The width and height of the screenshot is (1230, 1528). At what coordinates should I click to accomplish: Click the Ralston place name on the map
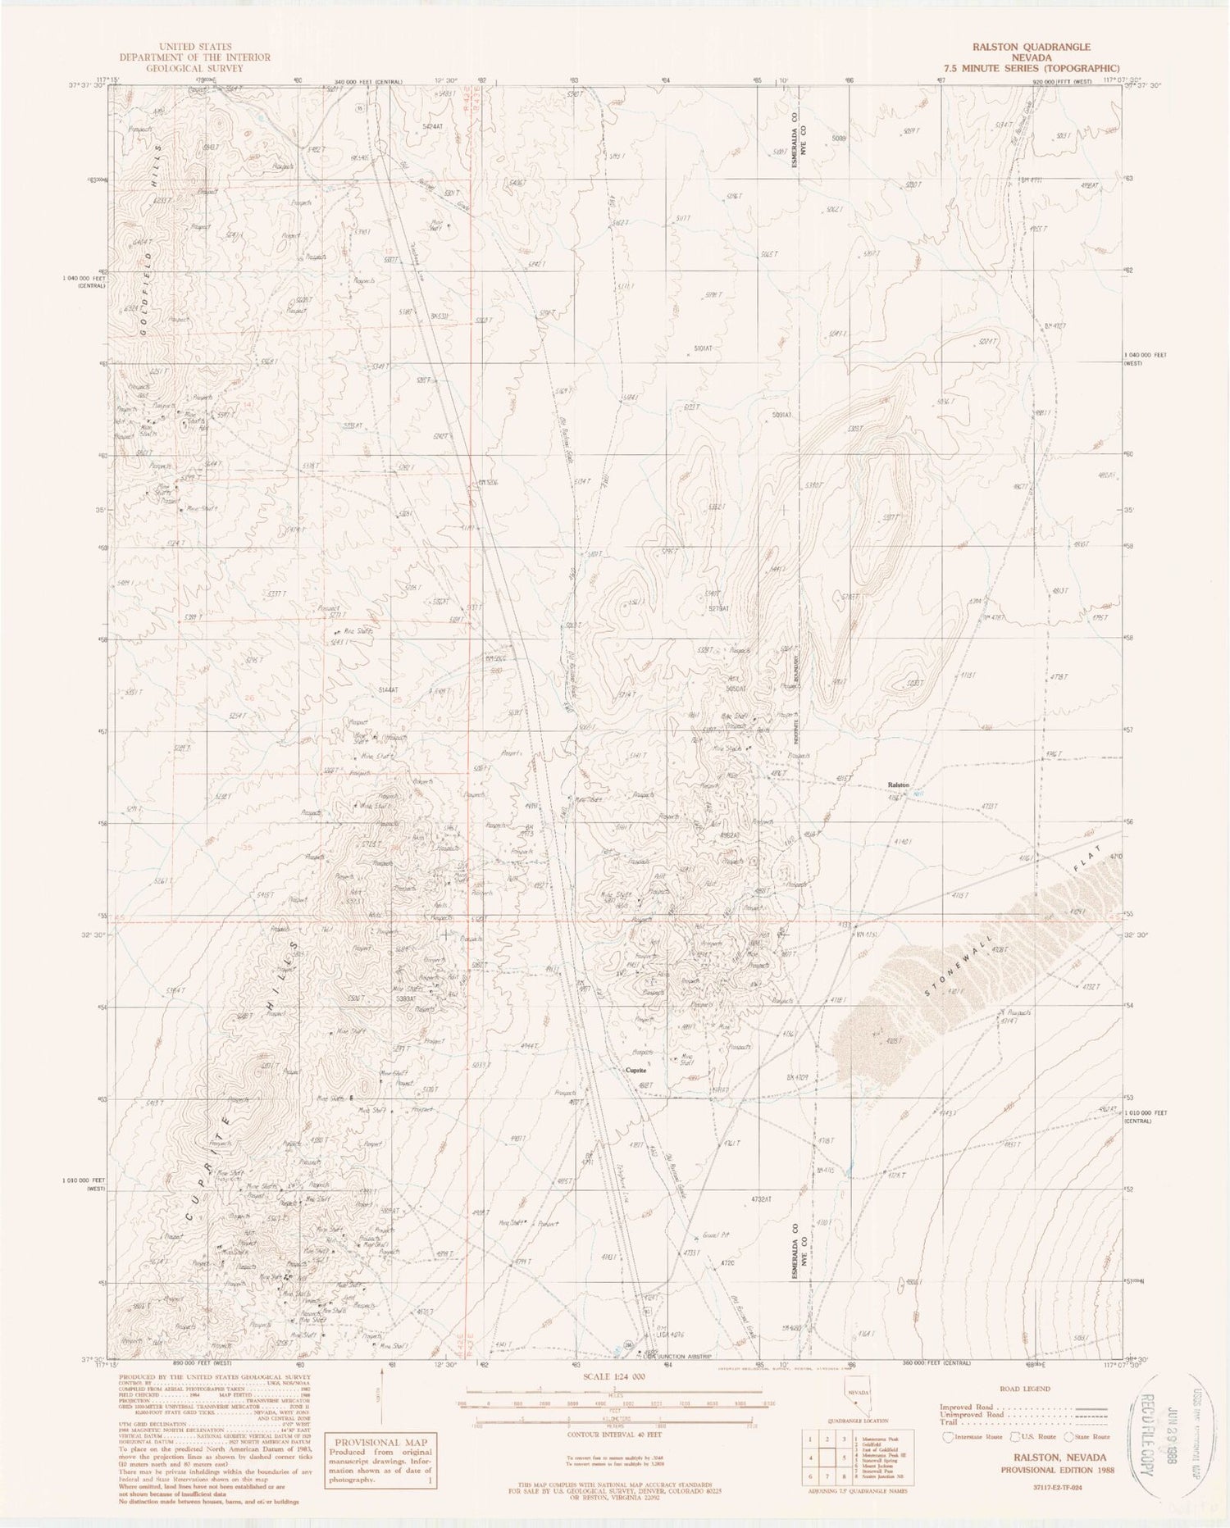click(x=899, y=785)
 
